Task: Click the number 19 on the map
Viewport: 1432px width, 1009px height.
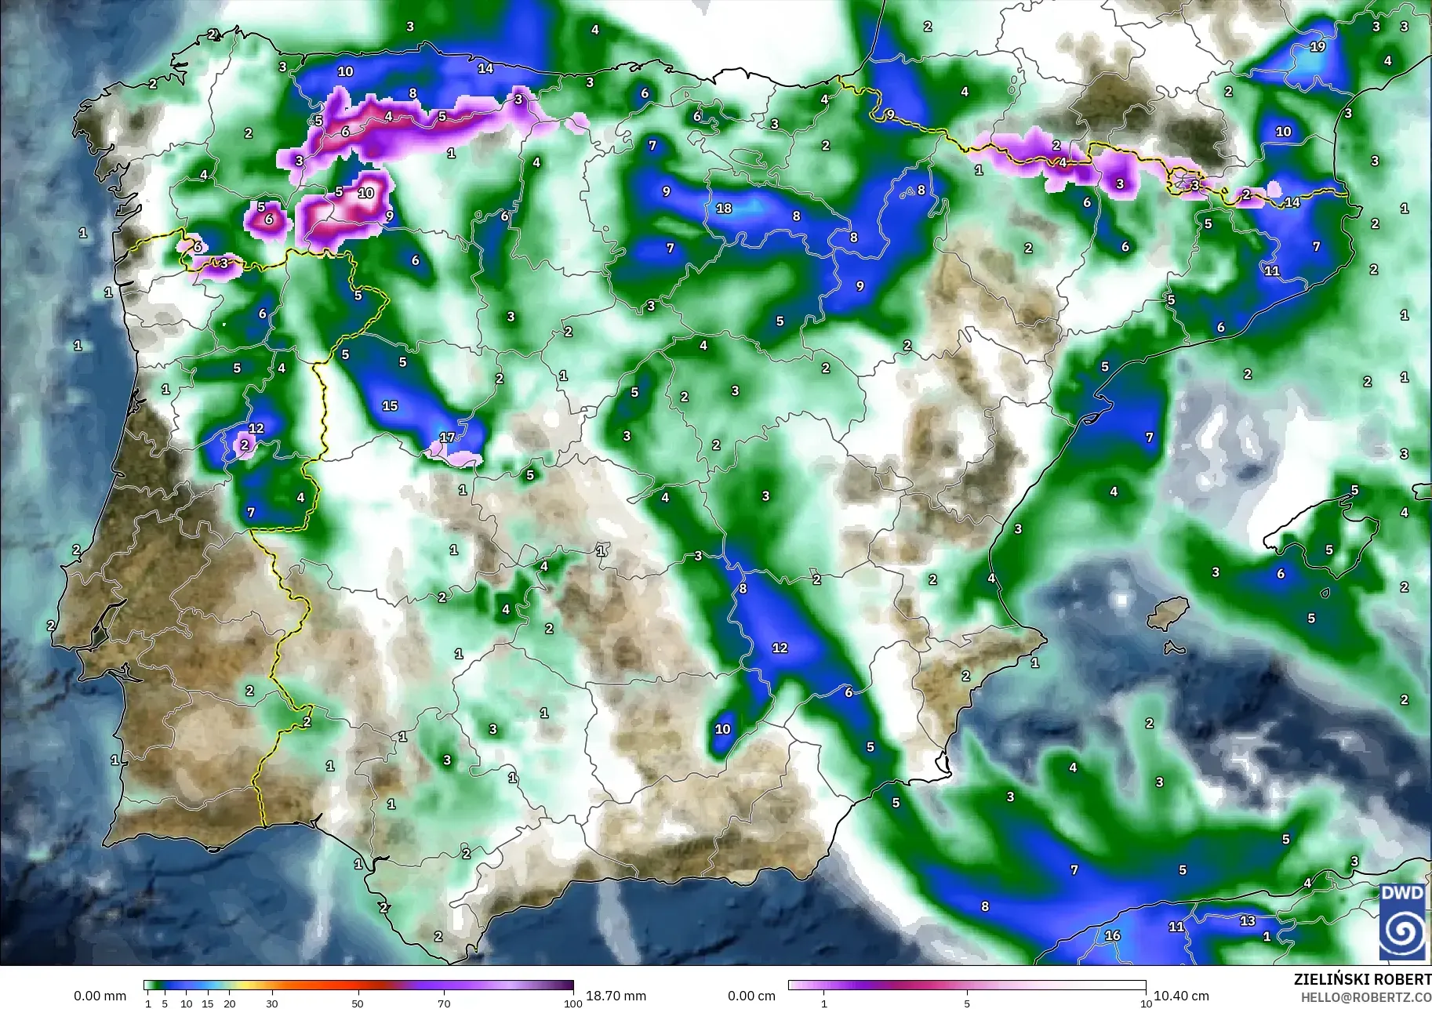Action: point(1318,46)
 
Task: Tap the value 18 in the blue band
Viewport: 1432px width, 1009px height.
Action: point(724,208)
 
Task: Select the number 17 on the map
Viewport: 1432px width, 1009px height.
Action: point(447,437)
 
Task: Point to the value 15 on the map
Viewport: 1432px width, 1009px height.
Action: point(390,405)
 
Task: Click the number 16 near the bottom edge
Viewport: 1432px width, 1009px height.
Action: point(1112,935)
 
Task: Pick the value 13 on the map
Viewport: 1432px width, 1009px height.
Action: point(1247,920)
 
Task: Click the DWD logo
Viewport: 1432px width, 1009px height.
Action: point(1402,921)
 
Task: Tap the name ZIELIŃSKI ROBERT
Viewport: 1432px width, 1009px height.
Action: point(1362,979)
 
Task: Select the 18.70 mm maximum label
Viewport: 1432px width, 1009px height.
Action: point(616,996)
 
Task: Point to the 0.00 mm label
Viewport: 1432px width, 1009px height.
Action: point(100,996)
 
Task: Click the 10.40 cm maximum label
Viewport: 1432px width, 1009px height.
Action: point(1180,996)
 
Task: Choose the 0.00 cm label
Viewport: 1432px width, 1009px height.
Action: point(751,996)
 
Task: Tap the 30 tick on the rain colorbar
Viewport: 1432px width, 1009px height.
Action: point(271,1003)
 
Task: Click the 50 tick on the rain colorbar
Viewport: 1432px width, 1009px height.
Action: point(358,1003)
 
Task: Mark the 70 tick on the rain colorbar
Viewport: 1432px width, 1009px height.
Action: point(444,1003)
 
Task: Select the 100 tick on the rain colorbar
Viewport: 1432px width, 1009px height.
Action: point(573,1003)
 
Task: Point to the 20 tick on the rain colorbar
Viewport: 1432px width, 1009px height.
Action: point(229,1003)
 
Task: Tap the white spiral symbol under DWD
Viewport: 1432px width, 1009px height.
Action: point(1402,932)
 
